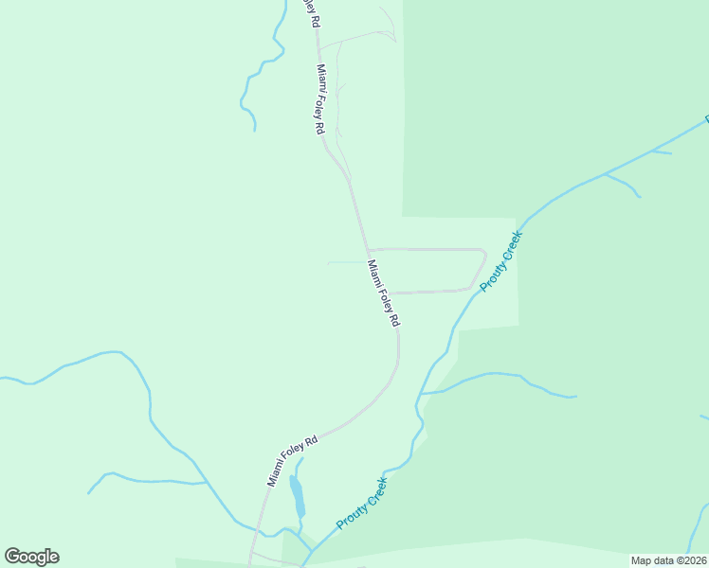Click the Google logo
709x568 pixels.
31,557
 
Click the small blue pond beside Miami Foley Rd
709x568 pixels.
297,496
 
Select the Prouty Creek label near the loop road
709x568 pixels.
501,264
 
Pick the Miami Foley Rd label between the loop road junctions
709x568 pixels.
383,293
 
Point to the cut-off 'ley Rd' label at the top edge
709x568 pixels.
309,13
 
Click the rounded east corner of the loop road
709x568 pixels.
483,255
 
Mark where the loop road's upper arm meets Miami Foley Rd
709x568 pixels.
367,250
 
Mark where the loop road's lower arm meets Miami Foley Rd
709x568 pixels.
391,293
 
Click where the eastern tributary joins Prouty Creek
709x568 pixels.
420,393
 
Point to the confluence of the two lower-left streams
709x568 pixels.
206,483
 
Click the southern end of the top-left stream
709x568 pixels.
254,130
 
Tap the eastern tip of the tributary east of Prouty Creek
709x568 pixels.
575,397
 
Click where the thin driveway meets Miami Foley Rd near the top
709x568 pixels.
318,46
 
